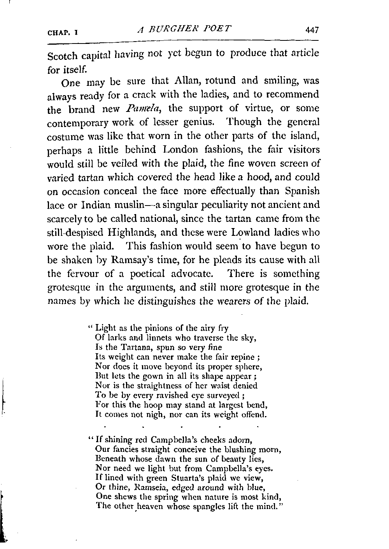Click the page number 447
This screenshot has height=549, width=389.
click(312, 30)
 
